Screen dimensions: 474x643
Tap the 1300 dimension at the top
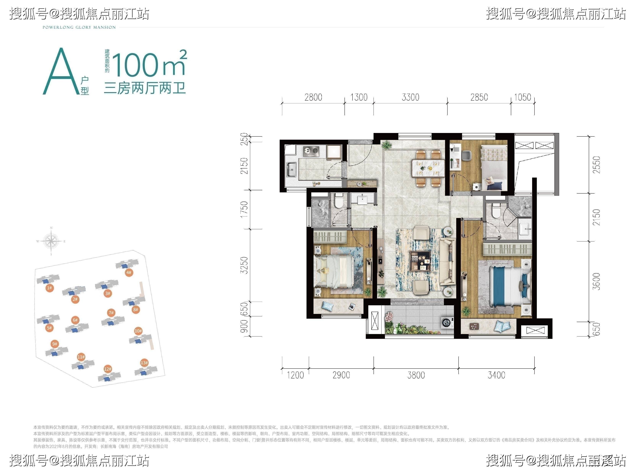(359, 97)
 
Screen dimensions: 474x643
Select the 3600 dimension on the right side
(596, 281)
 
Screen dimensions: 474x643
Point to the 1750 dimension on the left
(244, 209)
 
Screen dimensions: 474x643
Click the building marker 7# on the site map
(111, 313)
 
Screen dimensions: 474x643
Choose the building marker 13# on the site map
(144, 363)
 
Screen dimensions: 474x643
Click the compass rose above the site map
(51, 241)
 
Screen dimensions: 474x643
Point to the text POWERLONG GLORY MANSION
(79, 28)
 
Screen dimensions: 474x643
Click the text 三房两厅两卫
(145, 88)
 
